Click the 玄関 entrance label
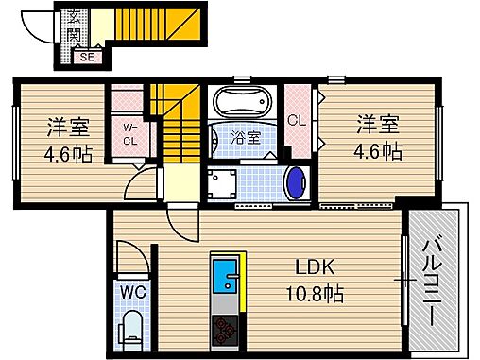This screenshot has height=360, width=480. pos(73,27)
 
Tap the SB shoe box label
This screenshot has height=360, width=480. pos(87,57)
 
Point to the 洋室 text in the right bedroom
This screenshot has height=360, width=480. pos(377,123)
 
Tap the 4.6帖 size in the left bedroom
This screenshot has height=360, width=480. pos(68,153)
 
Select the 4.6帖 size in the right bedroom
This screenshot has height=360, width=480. pos(377,150)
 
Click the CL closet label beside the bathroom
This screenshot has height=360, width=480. pos(296,120)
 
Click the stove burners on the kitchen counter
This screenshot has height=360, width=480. pos(227,332)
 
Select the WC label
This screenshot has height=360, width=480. pos(131,293)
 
